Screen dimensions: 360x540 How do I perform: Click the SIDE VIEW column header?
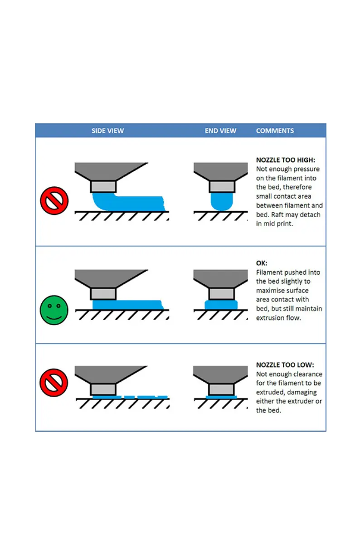[x=107, y=131]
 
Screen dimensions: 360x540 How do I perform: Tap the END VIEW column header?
[x=220, y=131]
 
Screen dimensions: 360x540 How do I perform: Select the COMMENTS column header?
[x=275, y=131]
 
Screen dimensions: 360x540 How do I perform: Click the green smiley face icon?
[x=54, y=310]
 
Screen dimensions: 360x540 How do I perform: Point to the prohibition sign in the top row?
[x=54, y=201]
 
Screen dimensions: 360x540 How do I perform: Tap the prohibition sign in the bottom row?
[x=54, y=382]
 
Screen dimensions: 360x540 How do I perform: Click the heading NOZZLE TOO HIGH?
[x=285, y=160]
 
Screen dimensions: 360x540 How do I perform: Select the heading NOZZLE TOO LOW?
[x=285, y=365]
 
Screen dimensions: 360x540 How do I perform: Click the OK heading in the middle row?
[x=262, y=263]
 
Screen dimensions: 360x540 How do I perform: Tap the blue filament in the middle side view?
[x=127, y=305]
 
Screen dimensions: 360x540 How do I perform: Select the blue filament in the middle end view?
[x=221, y=305]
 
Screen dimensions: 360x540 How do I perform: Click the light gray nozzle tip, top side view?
[x=103, y=186]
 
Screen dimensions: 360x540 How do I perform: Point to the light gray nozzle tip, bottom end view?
[x=222, y=389]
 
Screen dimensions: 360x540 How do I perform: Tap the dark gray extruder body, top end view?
[x=221, y=171]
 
